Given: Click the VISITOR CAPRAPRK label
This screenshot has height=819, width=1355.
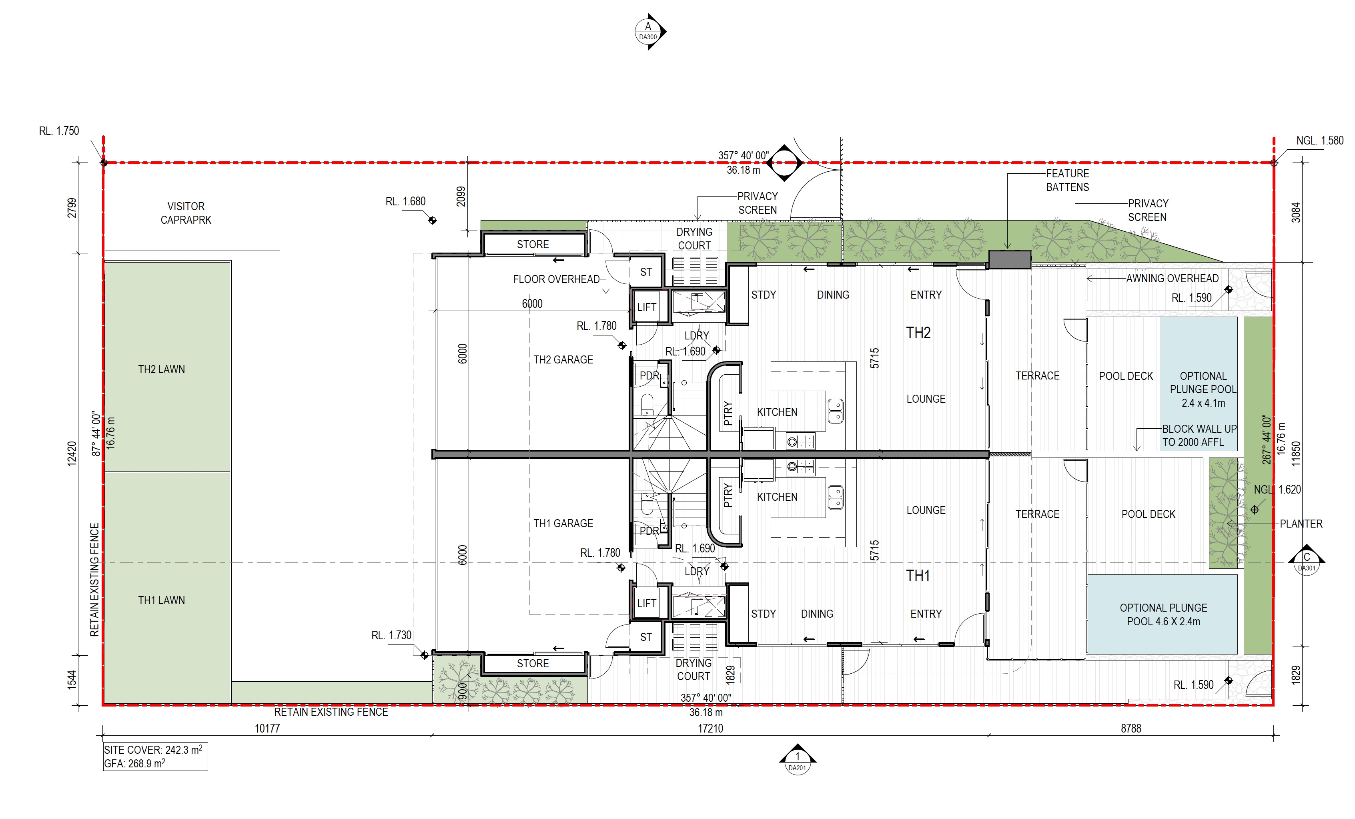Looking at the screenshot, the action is pos(186,213).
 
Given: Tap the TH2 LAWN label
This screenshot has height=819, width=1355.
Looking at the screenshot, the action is pos(161,369).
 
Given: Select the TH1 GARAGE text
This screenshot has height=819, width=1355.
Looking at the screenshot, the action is pos(563,524).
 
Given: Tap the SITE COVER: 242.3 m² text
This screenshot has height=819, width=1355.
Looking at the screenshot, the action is pos(153,750).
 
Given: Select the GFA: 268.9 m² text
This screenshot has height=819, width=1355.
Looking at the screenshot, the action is pos(135,763).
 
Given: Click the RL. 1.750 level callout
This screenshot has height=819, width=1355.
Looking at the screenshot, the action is pos(59,131).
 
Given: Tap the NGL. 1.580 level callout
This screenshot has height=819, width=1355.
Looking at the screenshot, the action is pos(1320,141).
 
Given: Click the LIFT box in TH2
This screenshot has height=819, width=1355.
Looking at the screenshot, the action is pos(647,307).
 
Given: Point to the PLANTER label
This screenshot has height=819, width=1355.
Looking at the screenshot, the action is pos(1301,524).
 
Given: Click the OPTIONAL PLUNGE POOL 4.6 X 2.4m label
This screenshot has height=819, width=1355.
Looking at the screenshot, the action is pos(1164,615).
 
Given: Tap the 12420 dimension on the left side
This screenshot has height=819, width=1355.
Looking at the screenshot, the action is pos(72,454).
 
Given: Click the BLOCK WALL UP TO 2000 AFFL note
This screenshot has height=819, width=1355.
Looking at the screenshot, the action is pos(1199,436).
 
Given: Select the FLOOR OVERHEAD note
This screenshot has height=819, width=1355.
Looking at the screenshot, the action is pos(556,279).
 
